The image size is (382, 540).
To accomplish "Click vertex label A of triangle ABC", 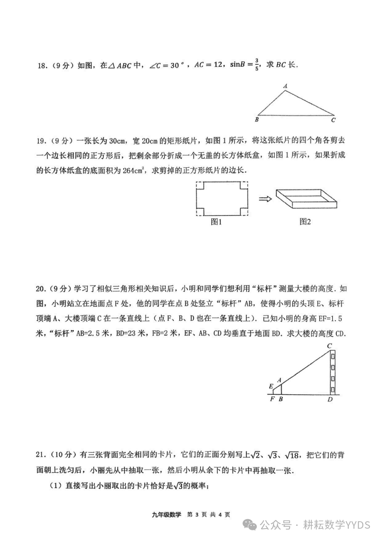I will tap(285, 86).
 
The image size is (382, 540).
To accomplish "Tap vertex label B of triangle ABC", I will tap(257, 120).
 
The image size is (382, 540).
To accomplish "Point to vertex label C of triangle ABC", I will tap(333, 120).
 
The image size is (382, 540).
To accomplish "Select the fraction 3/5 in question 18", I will tap(256, 65).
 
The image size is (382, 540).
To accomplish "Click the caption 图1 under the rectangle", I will tap(216, 222).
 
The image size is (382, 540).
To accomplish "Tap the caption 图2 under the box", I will tap(305, 222).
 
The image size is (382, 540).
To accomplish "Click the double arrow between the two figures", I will tap(265, 199).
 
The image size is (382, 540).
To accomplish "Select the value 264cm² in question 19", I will tap(135, 170).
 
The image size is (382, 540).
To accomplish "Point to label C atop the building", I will tap(329, 346).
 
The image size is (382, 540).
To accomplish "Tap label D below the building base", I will tap(330, 400).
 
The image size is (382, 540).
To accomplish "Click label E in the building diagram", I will tap(271, 386).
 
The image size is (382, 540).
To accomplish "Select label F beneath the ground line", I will tap(272, 399).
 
